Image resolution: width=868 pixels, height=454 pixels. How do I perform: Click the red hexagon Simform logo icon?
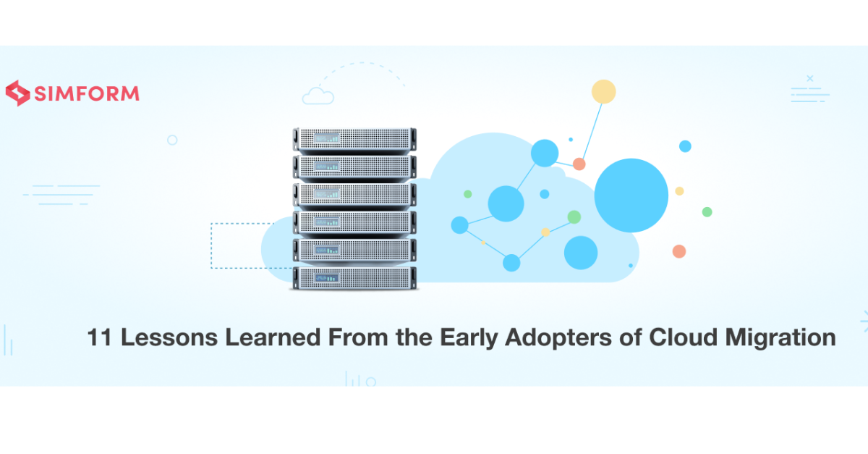[x=17, y=93]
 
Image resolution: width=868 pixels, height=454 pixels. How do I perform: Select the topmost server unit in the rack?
[x=354, y=138]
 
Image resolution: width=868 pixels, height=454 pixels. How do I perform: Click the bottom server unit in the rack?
[x=354, y=277]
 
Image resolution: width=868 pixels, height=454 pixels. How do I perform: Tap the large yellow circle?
[x=603, y=92]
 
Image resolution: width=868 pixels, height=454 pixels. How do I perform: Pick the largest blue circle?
[x=631, y=195]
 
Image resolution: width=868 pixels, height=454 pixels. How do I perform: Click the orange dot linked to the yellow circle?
[x=579, y=164]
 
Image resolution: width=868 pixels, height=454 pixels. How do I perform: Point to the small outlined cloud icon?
[x=318, y=96]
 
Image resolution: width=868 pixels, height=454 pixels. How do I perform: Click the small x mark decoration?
[x=809, y=78]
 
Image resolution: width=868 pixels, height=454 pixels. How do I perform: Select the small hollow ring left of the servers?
[x=172, y=140]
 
